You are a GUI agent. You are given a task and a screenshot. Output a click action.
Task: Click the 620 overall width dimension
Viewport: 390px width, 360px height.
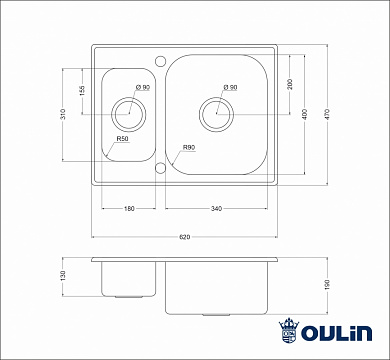coord(185,237)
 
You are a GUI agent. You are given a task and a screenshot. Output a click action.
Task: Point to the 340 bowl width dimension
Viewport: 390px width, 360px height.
coord(217,208)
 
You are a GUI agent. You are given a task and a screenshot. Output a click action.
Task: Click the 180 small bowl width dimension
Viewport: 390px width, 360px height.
coord(129,208)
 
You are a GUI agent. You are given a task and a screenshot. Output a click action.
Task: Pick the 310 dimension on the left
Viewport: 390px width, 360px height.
coord(63,116)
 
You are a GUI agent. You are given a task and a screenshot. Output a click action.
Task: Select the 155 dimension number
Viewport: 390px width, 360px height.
coord(83,91)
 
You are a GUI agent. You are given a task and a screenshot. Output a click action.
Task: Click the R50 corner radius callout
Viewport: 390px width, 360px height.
coord(122,139)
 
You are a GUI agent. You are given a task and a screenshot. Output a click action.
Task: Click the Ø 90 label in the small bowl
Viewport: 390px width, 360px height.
coord(143,88)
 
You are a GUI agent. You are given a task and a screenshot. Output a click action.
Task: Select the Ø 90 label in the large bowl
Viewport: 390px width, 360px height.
coord(230,88)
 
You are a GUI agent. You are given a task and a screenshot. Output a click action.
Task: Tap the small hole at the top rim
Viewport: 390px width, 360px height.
coord(159,58)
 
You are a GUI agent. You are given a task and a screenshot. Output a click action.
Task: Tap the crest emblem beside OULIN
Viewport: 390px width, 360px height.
coord(291,331)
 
